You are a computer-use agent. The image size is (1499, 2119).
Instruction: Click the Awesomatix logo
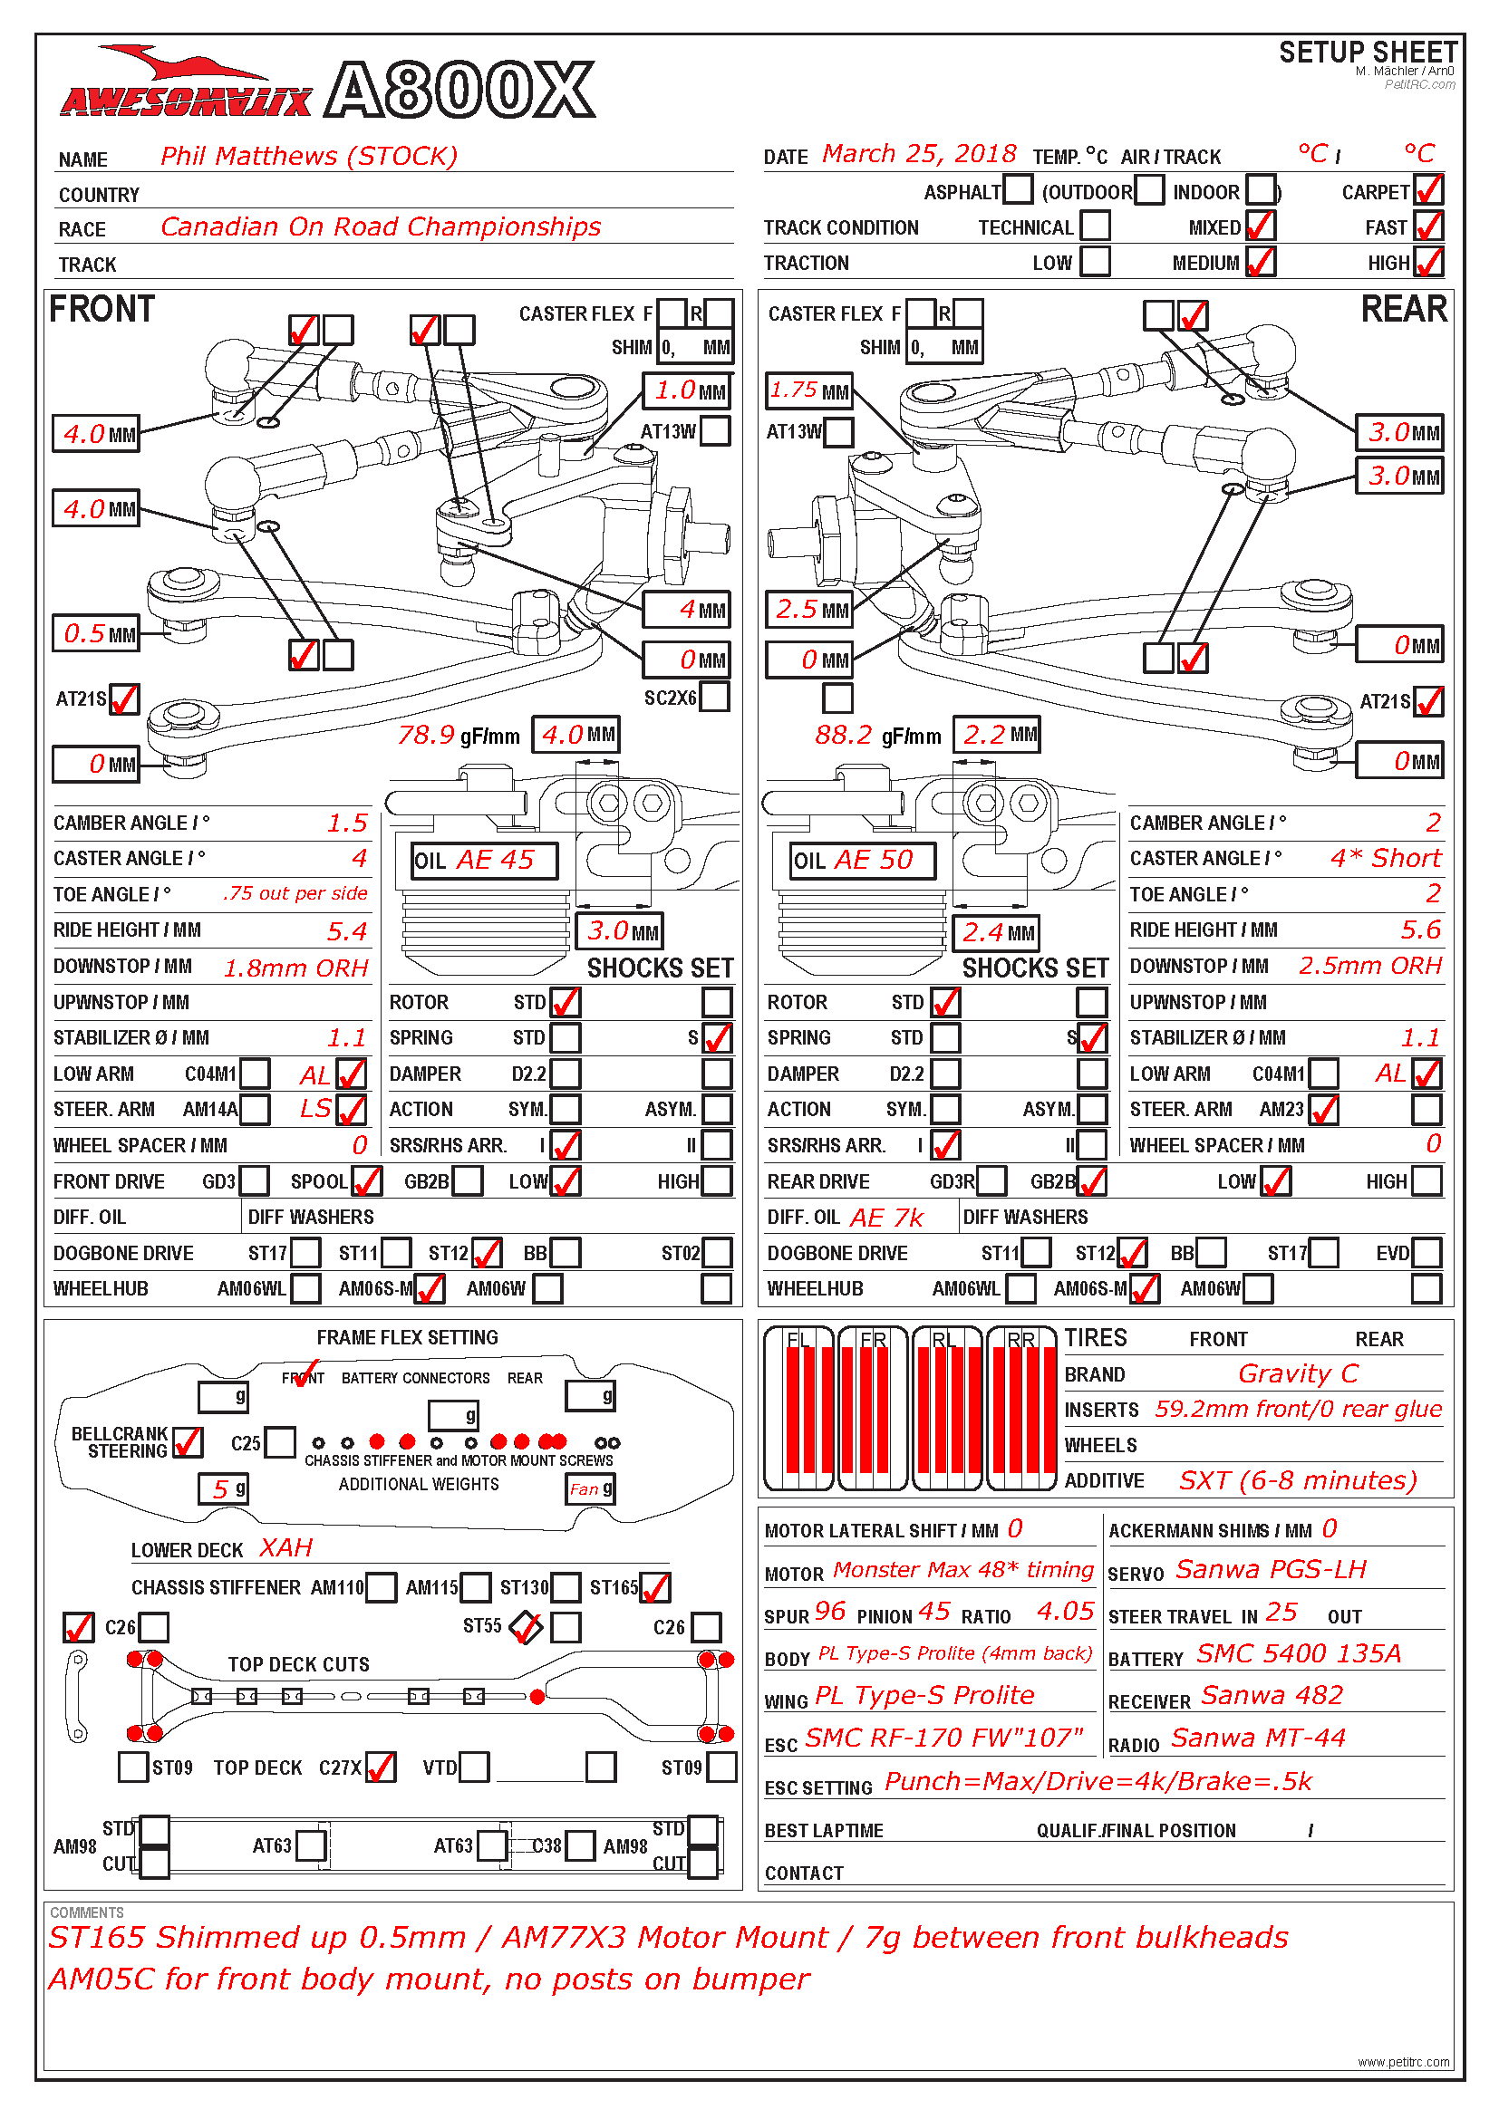click(185, 88)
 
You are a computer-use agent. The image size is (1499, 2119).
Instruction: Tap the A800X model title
click(459, 91)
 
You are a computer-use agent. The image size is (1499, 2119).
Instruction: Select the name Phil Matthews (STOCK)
click(308, 156)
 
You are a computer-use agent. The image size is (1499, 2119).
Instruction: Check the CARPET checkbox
click(1428, 190)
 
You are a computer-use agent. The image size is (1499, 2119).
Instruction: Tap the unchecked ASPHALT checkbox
click(1017, 190)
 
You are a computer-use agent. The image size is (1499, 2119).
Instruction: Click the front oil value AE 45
click(495, 860)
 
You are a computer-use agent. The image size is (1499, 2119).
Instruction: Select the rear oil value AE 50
click(872, 860)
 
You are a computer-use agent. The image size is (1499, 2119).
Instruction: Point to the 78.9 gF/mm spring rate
click(426, 736)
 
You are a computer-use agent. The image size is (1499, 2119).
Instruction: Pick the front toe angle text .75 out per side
click(295, 893)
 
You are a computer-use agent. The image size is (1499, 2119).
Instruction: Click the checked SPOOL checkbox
click(366, 1180)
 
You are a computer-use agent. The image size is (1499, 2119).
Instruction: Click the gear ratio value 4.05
click(1064, 1612)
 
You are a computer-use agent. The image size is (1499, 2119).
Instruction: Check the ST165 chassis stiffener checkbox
click(654, 1587)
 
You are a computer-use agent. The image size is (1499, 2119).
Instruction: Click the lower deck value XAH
click(285, 1547)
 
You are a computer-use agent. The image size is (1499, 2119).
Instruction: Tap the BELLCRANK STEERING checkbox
click(188, 1441)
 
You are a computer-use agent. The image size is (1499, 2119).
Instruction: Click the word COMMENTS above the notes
click(87, 1912)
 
